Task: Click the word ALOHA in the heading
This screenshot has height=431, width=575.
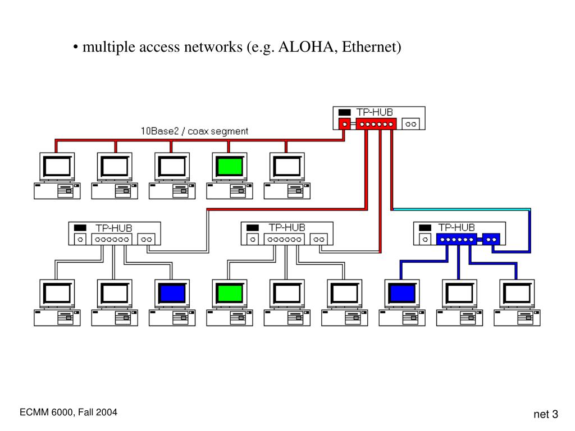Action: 306,47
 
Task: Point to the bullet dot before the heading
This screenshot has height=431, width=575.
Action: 76,48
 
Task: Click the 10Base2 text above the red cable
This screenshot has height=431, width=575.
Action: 159,131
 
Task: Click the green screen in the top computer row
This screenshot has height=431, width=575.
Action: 230,167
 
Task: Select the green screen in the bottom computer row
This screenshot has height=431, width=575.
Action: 230,294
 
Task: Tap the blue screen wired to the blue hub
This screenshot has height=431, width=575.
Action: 402,294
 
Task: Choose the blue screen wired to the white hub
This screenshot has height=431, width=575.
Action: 172,294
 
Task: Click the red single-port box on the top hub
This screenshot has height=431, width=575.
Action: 344,124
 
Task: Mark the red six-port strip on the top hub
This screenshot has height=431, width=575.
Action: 376,124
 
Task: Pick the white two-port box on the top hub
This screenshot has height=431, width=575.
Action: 410,124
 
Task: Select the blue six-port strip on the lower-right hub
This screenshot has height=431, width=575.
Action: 457,240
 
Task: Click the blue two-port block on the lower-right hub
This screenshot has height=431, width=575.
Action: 491,240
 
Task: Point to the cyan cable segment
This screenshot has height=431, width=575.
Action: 462,210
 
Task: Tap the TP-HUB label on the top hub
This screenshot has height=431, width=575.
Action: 375,112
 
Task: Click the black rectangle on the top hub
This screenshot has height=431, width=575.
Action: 344,112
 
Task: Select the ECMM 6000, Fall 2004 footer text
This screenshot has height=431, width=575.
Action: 69,412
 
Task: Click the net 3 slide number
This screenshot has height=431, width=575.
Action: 546,414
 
